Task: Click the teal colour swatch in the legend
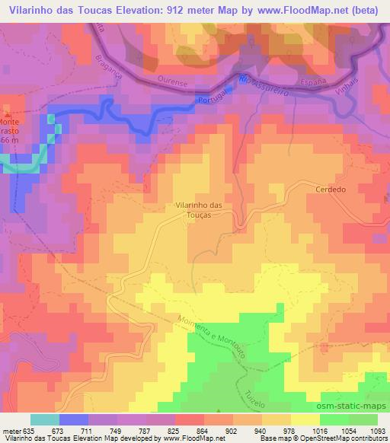(x=44, y=419)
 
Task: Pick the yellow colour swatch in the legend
(x=305, y=419)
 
